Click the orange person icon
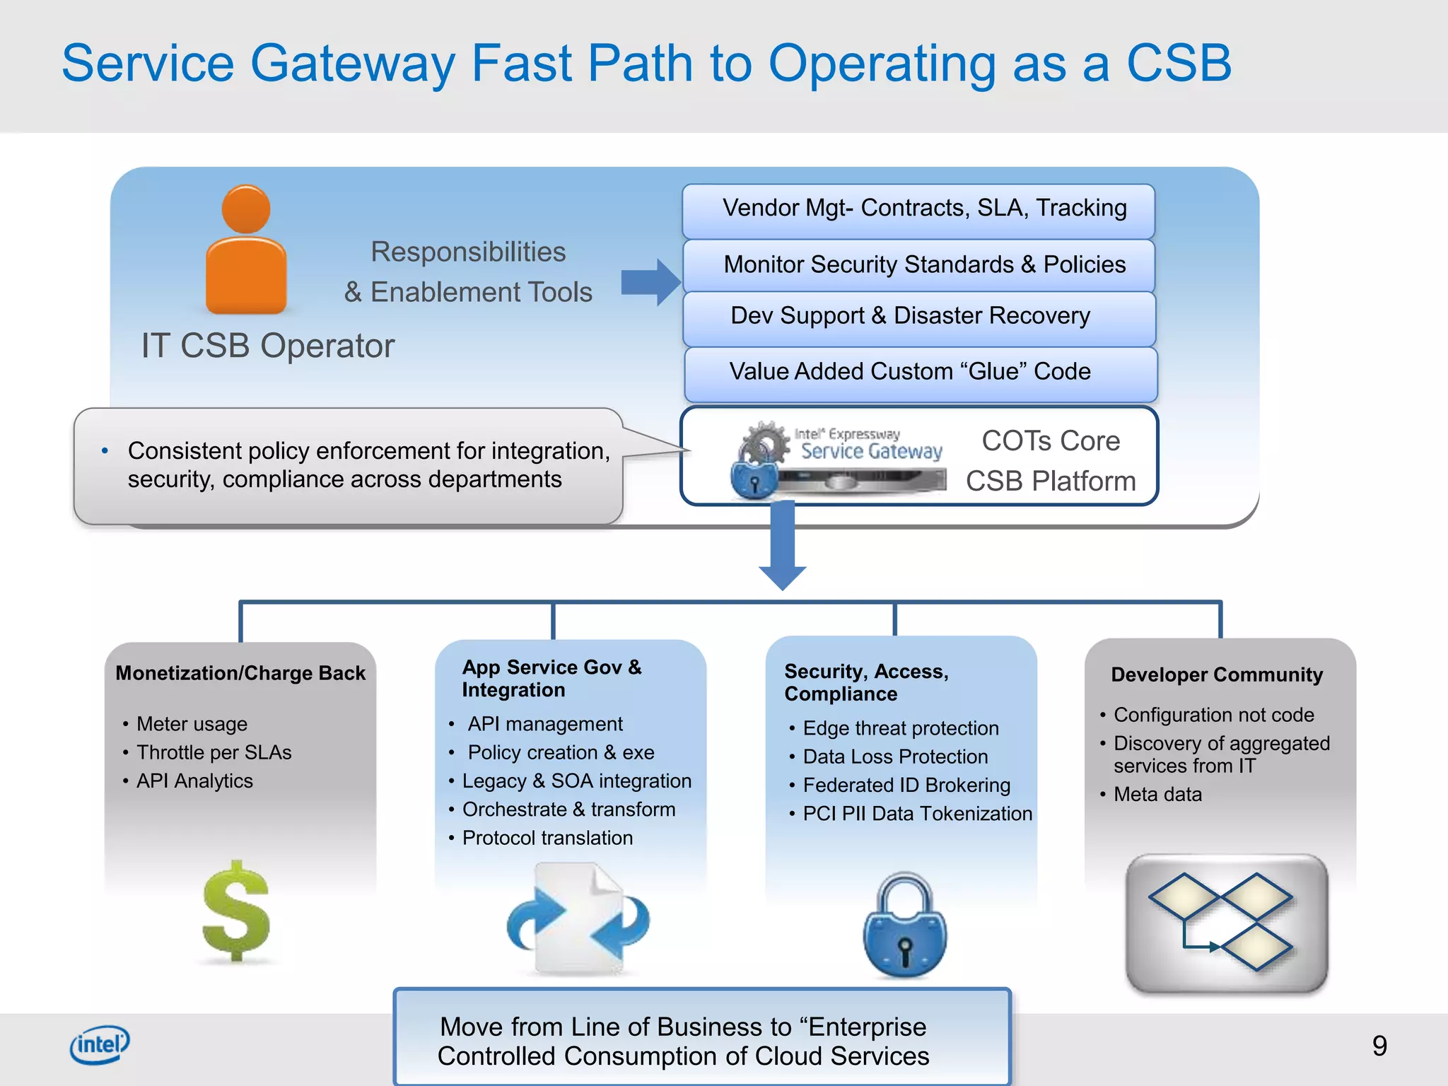(245, 251)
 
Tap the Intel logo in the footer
(100, 1044)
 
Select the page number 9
(1379, 1046)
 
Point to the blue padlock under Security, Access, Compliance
(905, 926)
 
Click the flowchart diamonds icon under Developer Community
(1227, 923)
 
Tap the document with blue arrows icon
(578, 919)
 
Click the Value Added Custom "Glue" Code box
(919, 373)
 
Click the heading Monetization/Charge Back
(240, 673)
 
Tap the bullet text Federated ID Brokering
(906, 786)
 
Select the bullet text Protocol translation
(547, 838)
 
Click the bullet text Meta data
(1157, 795)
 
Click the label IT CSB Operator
(267, 346)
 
